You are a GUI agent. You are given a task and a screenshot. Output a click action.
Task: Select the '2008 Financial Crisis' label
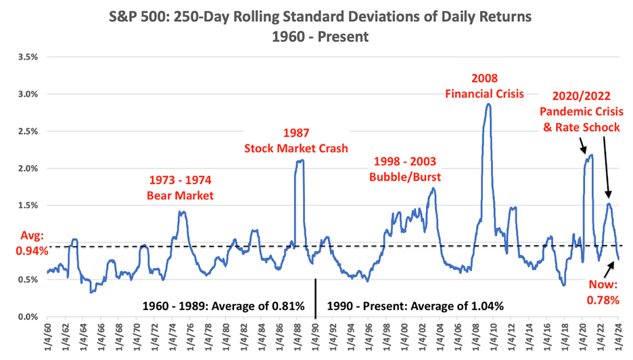[x=484, y=85]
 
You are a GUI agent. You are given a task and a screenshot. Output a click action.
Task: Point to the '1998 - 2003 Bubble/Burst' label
[x=404, y=169]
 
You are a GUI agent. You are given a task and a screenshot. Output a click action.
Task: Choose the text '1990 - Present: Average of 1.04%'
[x=415, y=305]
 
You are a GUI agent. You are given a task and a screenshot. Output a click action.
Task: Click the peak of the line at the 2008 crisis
[x=487, y=104]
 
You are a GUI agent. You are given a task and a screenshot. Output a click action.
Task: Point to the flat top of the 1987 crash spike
[x=300, y=161]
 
